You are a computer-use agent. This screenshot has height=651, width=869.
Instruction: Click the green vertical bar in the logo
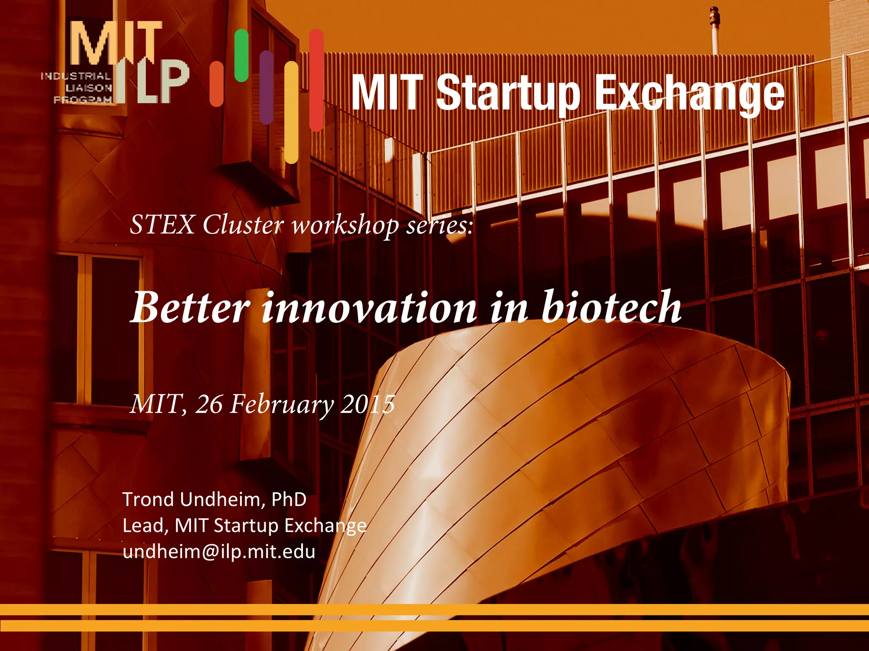tap(241, 56)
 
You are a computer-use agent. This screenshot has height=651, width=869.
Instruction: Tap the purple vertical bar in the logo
tap(266, 87)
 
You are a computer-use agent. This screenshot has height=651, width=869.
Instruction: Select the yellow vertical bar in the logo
tap(291, 112)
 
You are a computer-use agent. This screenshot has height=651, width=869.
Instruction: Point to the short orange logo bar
tap(216, 84)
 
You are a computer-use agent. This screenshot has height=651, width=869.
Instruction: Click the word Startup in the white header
tap(507, 93)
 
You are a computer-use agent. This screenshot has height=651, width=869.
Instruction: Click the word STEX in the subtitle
tap(162, 225)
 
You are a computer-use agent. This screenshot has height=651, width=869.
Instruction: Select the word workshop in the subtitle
tap(345, 225)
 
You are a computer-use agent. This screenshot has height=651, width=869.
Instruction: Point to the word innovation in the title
tap(369, 308)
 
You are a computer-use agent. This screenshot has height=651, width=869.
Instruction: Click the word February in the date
tap(282, 404)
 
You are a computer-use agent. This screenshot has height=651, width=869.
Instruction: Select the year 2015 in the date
tap(368, 404)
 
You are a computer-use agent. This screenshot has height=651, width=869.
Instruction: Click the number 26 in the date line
tap(208, 404)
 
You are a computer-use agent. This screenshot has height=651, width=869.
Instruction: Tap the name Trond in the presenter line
tap(148, 499)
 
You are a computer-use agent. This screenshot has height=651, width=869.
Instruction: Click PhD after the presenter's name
tap(289, 499)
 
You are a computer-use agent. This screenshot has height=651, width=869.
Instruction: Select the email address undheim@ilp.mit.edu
tap(219, 552)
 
